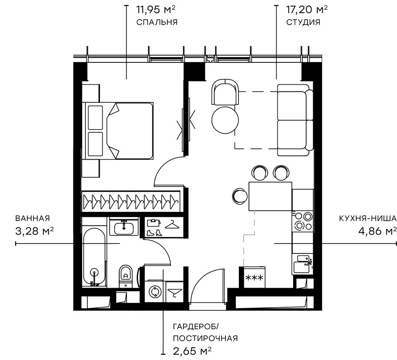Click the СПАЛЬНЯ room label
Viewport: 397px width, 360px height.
[157, 22]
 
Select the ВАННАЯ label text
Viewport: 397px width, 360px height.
[33, 218]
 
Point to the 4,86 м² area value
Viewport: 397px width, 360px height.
[375, 231]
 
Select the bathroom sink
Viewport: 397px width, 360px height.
[124, 227]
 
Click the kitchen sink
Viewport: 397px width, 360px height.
[303, 264]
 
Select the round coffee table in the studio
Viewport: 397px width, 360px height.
[225, 120]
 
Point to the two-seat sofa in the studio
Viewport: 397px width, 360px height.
[295, 120]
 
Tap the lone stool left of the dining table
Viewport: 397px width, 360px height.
[239, 195]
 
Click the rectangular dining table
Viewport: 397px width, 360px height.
[270, 196]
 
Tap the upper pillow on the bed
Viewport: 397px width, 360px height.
[95, 118]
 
